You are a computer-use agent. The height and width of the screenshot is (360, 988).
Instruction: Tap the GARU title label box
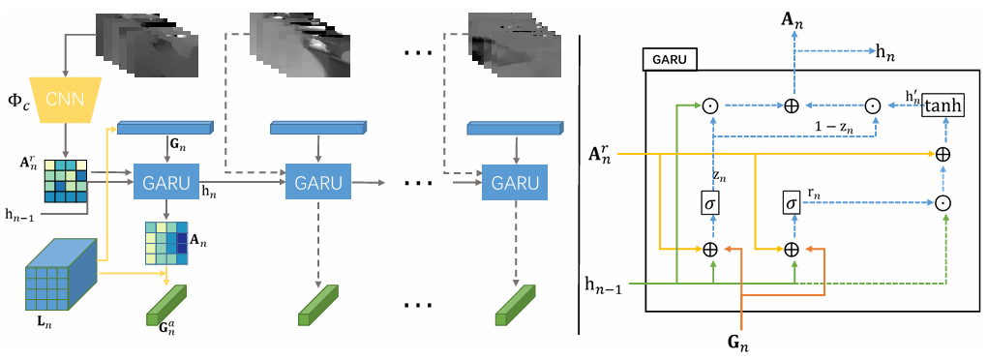[x=671, y=61]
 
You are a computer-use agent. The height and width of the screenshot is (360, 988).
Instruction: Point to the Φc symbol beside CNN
[x=15, y=101]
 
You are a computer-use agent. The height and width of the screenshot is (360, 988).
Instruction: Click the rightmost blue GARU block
[x=514, y=183]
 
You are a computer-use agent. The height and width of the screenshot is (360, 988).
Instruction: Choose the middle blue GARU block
[x=318, y=183]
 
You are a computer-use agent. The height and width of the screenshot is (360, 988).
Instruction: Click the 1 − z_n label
[x=833, y=127]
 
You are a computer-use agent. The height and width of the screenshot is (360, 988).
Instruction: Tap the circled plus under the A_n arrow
[x=792, y=105]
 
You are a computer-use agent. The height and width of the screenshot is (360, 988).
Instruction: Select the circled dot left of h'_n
[x=872, y=105]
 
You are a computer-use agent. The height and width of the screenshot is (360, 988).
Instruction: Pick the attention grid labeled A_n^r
[x=64, y=182]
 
